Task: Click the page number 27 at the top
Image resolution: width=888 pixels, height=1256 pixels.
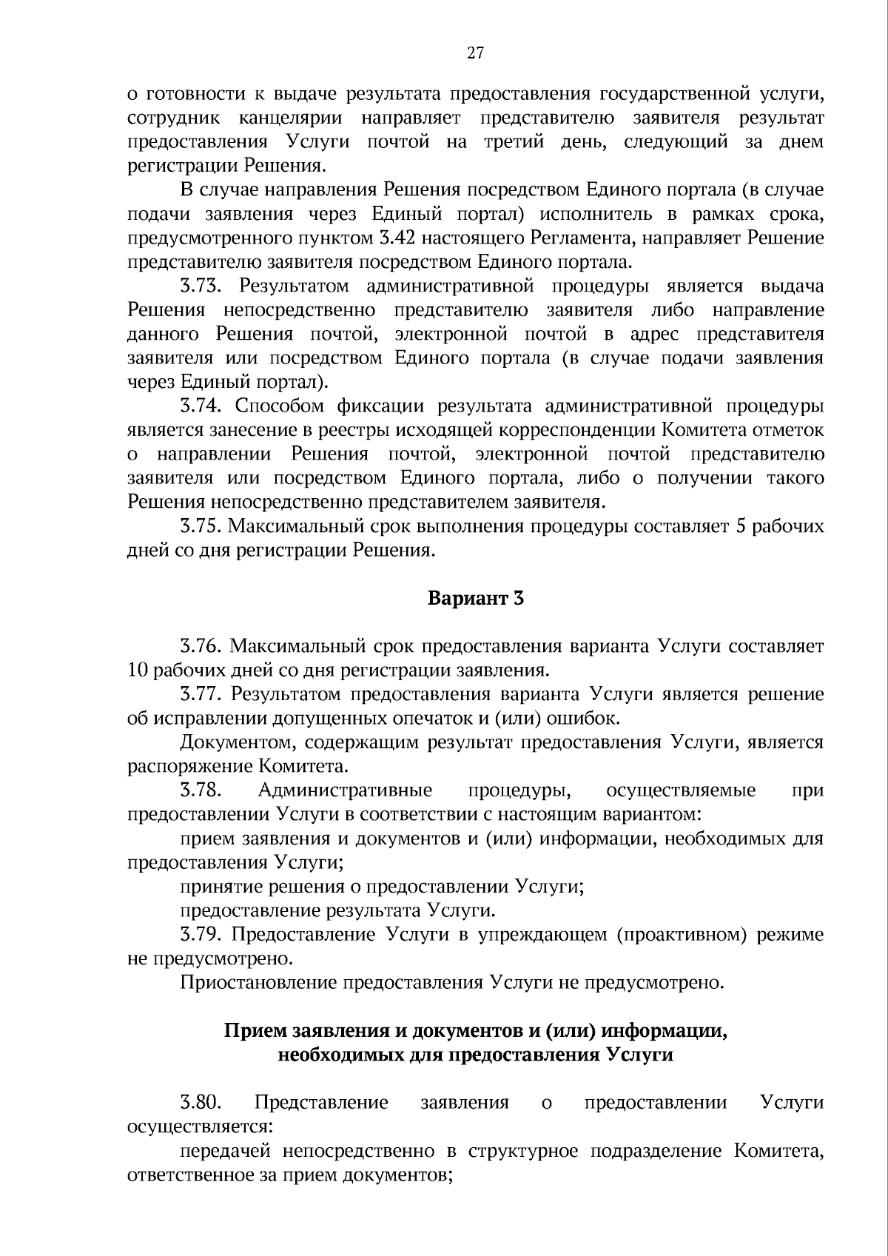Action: [476, 52]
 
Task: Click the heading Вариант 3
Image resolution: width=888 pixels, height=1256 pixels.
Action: [476, 598]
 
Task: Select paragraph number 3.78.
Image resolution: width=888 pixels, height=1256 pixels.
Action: [201, 790]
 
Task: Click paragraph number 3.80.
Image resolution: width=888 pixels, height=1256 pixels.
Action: [201, 1103]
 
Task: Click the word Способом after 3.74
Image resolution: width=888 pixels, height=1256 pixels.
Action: [281, 406]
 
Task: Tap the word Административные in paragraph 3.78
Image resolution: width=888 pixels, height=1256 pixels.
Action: [345, 790]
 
